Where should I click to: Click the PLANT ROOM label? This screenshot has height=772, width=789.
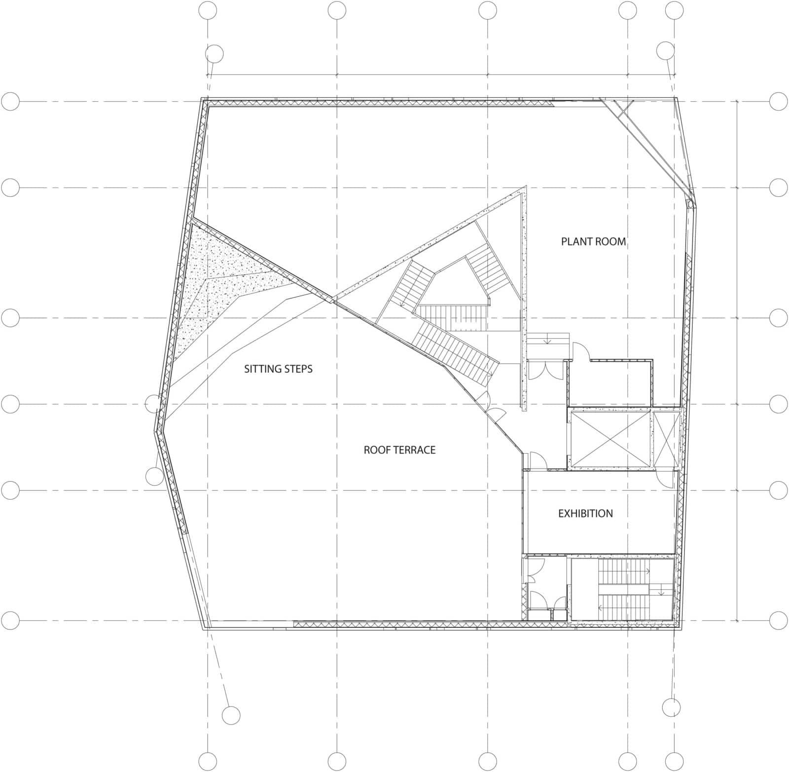tap(593, 241)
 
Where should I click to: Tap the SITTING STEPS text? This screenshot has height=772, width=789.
tap(278, 369)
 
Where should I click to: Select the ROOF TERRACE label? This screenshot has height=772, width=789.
tap(399, 450)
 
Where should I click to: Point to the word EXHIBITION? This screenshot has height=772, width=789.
tap(585, 513)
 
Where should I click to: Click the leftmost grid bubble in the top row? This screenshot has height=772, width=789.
tap(208, 10)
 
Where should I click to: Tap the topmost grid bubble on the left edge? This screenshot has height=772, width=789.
tap(10, 102)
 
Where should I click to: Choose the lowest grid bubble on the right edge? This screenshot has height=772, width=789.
tap(778, 620)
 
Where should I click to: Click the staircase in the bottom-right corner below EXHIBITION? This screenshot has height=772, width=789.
tap(622, 589)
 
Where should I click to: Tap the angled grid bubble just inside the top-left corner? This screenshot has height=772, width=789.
tap(215, 54)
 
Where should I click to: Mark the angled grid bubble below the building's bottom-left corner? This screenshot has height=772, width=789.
tap(231, 715)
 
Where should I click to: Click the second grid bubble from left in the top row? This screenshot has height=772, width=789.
tap(337, 10)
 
